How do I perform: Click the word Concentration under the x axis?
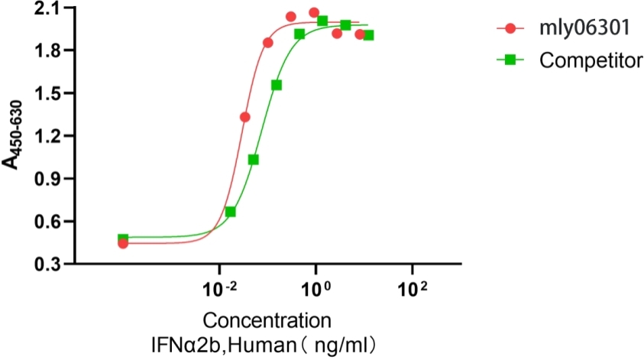(x=267, y=319)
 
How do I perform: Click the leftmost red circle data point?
(x=123, y=243)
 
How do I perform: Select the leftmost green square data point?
(x=123, y=238)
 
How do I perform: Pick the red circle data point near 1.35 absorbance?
(x=245, y=117)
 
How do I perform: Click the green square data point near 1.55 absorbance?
(x=277, y=85)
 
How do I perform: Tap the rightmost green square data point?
(x=368, y=35)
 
